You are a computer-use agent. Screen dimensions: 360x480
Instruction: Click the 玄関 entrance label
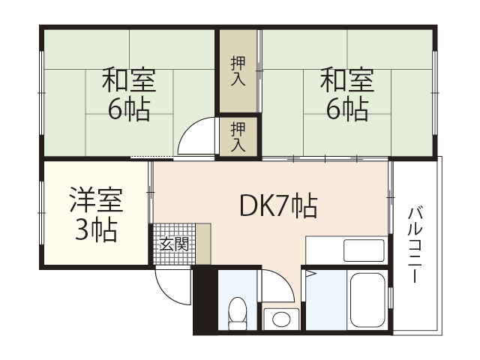coord(174,244)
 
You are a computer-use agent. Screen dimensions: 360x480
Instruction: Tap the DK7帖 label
coord(277,205)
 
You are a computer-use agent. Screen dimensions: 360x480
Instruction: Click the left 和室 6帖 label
coord(128,94)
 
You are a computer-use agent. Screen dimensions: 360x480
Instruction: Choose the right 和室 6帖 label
coord(346,94)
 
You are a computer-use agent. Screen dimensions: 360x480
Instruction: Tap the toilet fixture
coord(238,313)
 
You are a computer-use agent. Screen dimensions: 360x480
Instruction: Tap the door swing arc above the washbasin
coord(281,285)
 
